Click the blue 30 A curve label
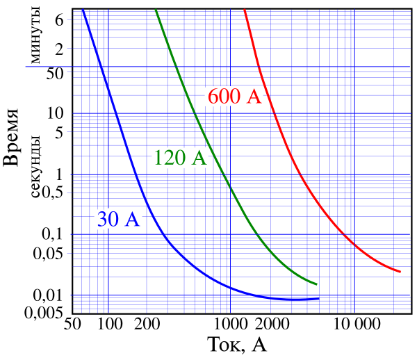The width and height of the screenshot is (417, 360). click(x=118, y=220)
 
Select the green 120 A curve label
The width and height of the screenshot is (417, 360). click(x=180, y=158)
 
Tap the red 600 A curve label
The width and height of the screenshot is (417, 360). click(x=234, y=97)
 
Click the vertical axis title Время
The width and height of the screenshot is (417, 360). click(x=12, y=139)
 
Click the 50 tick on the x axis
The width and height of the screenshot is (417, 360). click(x=71, y=325)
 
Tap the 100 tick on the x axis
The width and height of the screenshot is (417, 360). click(x=108, y=325)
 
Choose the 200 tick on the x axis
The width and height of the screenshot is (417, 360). click(x=147, y=325)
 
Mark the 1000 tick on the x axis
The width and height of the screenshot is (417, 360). click(x=229, y=325)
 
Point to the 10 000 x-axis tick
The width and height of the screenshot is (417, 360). click(x=354, y=325)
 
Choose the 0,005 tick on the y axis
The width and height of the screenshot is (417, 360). click(x=45, y=313)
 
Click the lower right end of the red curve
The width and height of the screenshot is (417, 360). click(x=401, y=271)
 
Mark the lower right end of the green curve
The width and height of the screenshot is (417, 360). click(x=317, y=284)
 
